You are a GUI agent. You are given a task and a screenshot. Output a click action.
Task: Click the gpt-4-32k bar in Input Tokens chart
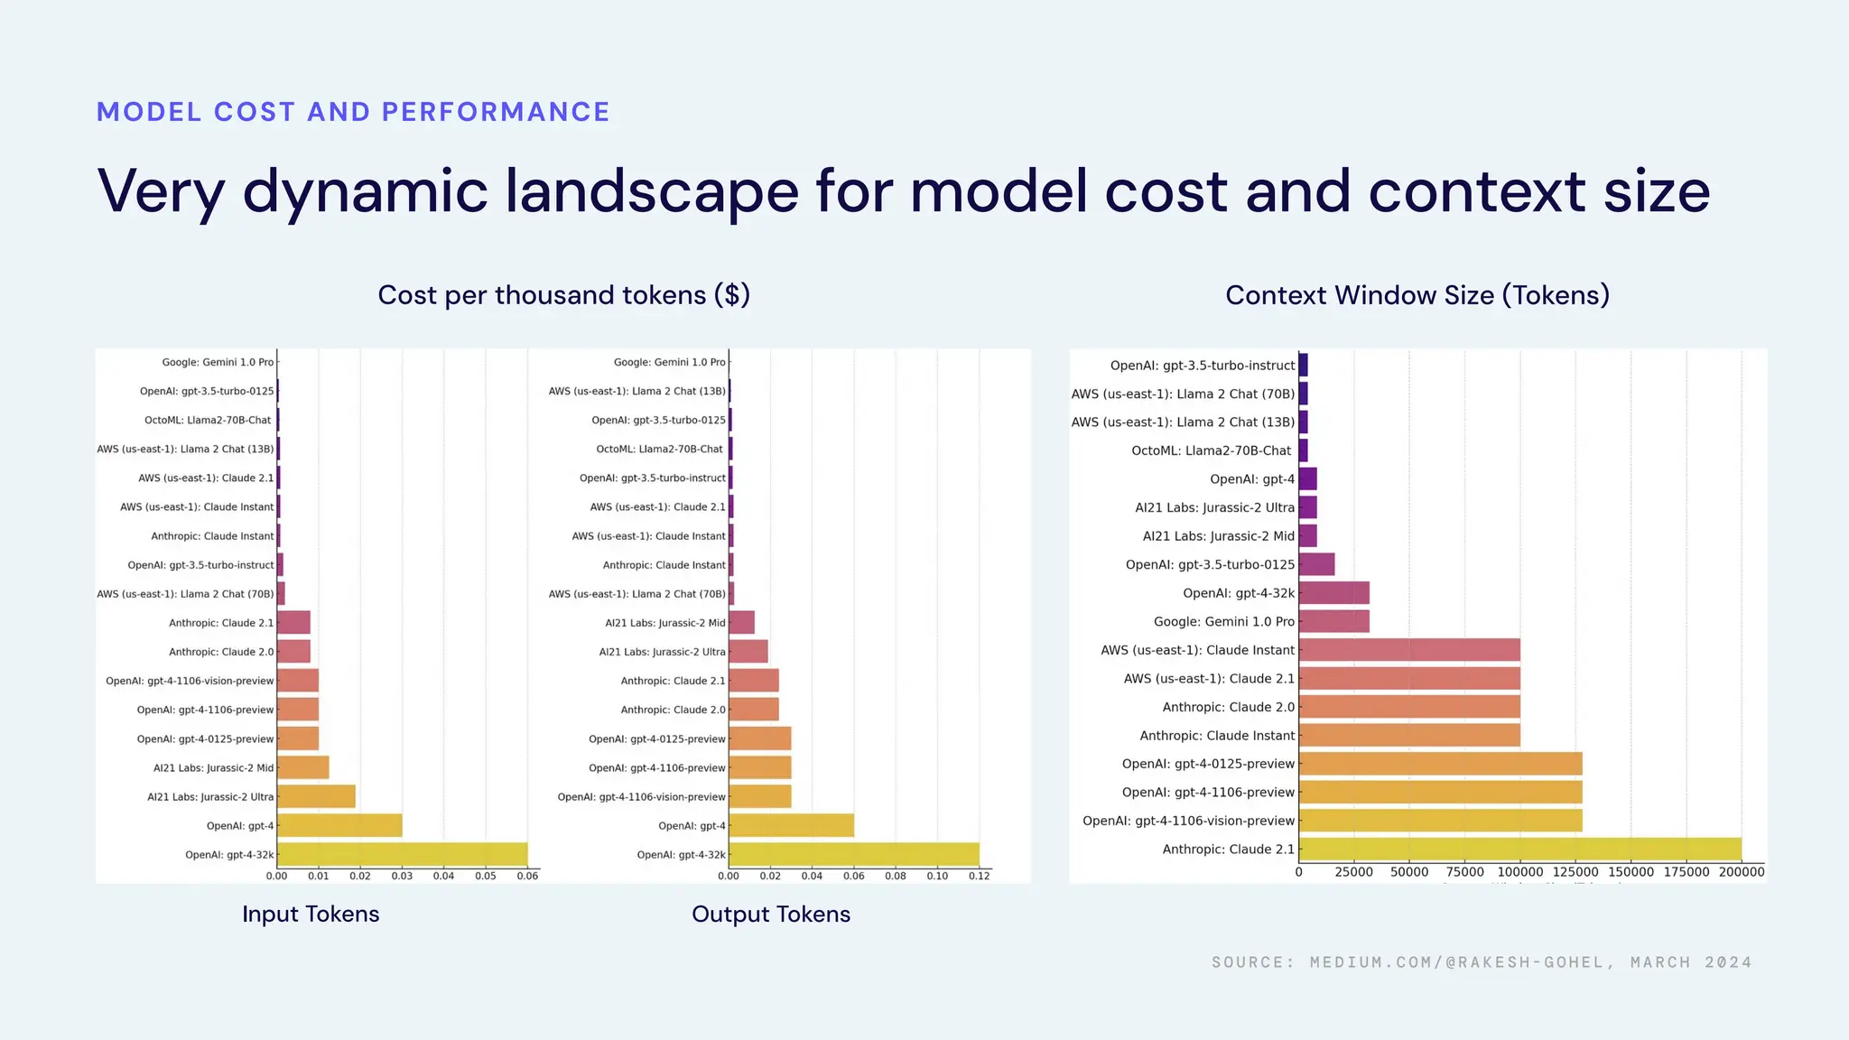click(x=402, y=854)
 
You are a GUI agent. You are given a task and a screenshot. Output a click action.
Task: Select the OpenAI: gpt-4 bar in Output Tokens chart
click(x=791, y=825)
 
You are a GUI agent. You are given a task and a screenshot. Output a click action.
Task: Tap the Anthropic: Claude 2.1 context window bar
click(x=1519, y=849)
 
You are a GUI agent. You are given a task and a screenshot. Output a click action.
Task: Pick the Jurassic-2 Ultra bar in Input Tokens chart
click(x=316, y=796)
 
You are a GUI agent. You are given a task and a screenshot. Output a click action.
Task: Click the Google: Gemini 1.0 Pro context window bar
click(x=1333, y=621)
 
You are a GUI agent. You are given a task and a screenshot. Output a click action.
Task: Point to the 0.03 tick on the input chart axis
click(x=402, y=876)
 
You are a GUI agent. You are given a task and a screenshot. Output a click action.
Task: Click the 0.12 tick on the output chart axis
click(x=979, y=876)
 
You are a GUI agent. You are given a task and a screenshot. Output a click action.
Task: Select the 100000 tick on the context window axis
click(x=1520, y=872)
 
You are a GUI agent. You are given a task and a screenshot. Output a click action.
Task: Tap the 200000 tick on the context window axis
click(x=1742, y=872)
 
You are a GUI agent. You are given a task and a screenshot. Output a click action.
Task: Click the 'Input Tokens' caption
click(x=311, y=914)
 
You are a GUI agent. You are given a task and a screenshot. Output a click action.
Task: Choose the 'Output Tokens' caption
click(x=771, y=914)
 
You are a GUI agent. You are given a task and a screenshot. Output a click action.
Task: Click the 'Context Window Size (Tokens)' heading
click(x=1417, y=295)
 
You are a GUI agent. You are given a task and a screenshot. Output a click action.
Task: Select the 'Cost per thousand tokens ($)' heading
click(x=563, y=295)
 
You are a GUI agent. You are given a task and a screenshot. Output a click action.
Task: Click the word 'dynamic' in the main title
click(x=365, y=191)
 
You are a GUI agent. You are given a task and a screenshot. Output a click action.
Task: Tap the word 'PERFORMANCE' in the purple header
click(x=496, y=112)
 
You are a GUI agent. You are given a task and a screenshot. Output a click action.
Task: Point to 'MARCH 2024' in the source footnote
click(x=1691, y=962)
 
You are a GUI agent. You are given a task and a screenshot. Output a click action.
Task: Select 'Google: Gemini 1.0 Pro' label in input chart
click(x=218, y=362)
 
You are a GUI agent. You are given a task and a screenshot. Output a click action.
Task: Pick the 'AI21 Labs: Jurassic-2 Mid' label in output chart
click(x=664, y=623)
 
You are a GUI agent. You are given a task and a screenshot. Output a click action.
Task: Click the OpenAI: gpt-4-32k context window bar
click(x=1333, y=593)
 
